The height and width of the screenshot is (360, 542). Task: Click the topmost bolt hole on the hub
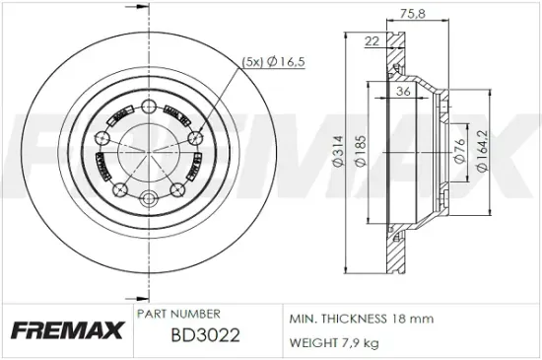[148, 107]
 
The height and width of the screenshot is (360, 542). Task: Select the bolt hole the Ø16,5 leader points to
[195, 137]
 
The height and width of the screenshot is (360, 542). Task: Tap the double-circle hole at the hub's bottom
[148, 196]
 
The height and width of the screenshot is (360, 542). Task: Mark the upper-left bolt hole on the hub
[102, 137]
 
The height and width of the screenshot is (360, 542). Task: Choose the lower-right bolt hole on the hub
[178, 188]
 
